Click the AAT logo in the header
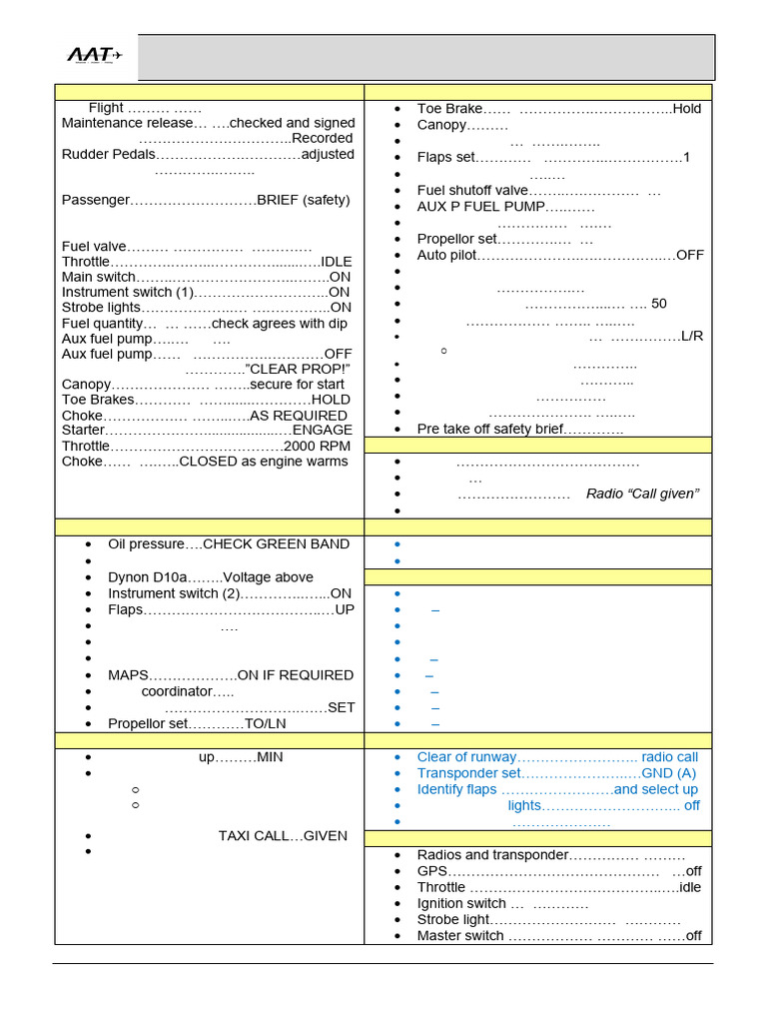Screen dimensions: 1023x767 (94, 56)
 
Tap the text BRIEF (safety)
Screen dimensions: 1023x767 (304, 200)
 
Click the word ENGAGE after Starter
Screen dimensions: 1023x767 (322, 430)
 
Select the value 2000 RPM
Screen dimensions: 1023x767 (318, 447)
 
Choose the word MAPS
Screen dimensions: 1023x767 (129, 675)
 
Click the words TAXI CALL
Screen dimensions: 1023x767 (254, 836)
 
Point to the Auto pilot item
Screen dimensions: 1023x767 (446, 255)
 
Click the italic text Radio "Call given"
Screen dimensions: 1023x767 (642, 494)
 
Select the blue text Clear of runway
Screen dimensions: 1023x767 (466, 757)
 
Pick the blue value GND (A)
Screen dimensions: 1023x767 (669, 773)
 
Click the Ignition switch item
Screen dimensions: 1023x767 (461, 904)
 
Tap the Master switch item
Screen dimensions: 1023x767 (460, 936)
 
